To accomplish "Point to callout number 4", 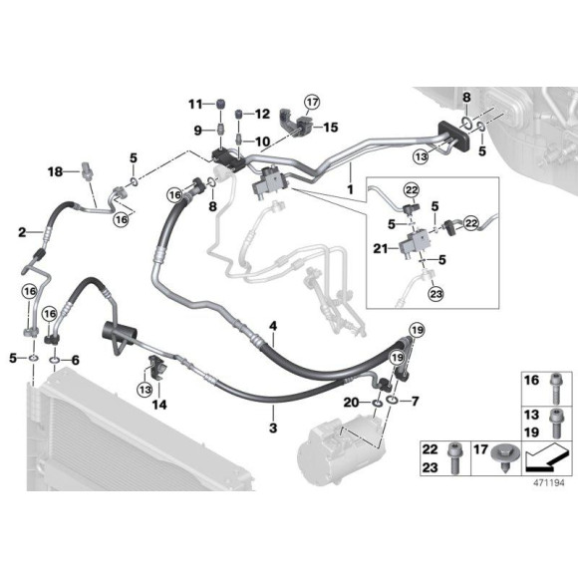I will coord(273,326).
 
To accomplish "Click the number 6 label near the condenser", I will coord(75,359).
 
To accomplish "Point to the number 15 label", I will coord(331,128).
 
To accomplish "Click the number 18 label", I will coord(56,172).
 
